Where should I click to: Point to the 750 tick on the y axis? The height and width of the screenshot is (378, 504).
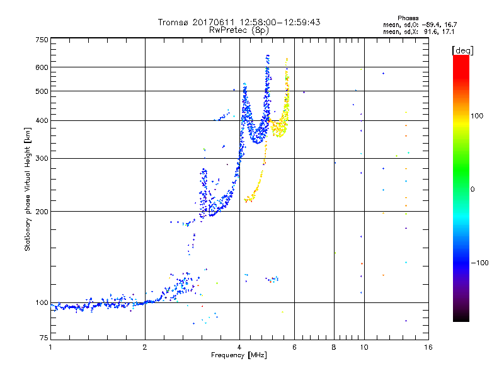coord(42,39)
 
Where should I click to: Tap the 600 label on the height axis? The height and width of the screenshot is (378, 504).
coord(42,67)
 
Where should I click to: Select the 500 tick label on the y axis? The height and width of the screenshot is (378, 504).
coord(42,91)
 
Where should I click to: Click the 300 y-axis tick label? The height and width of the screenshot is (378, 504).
coord(42,158)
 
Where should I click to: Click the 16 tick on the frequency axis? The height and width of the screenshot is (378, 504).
coord(428,347)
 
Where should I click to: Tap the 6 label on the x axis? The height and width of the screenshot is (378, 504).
coord(295,347)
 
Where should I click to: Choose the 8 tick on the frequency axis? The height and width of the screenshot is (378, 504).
coord(335,347)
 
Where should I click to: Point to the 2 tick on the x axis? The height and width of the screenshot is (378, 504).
coord(145,347)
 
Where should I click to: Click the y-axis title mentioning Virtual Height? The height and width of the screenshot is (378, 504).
coord(28,189)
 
